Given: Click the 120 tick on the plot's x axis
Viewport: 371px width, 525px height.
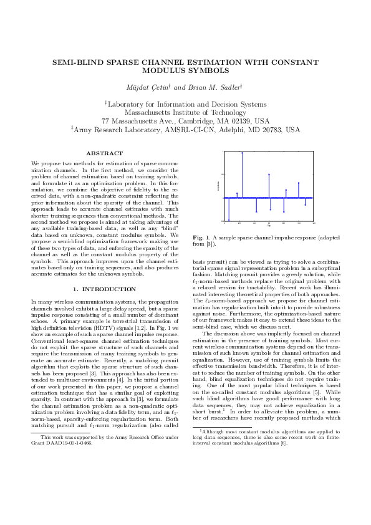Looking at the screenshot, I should [314, 223].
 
